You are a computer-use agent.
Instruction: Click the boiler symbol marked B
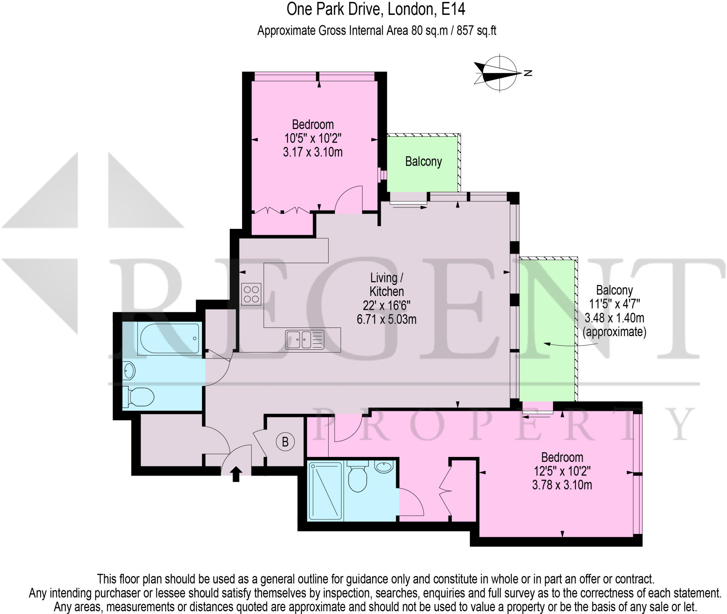tap(285, 442)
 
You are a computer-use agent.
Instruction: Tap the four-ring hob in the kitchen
tap(251, 294)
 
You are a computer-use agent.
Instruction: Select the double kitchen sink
tap(305, 339)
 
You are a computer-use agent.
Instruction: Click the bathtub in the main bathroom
tap(168, 339)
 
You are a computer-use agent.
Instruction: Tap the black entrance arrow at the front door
tap(236, 474)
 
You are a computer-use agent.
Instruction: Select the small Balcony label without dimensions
tap(423, 162)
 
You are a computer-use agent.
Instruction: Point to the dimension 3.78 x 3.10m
tap(562, 485)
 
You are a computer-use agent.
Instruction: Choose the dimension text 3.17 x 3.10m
tap(312, 152)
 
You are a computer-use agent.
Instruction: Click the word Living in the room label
tap(383, 278)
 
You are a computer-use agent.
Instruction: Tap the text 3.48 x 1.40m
tap(614, 318)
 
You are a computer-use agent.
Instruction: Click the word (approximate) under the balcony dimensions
tap(614, 332)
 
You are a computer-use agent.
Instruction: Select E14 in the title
tap(453, 10)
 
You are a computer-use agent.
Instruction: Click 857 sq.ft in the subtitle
tap(476, 31)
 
